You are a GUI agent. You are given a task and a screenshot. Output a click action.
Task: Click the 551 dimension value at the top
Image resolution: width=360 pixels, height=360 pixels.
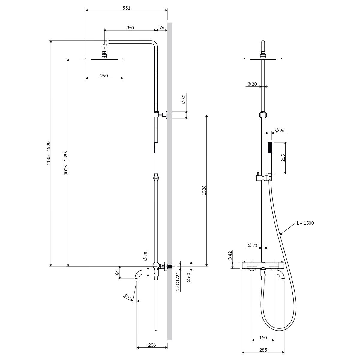click(127, 8)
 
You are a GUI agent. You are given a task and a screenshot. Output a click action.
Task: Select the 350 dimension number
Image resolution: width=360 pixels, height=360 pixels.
click(130, 28)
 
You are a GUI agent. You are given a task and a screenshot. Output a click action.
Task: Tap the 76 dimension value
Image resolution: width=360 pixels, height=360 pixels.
click(162, 28)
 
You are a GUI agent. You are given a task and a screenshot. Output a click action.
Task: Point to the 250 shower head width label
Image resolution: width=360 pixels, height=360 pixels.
click(104, 76)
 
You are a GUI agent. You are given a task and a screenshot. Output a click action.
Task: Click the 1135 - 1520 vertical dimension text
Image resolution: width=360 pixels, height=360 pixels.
click(49, 153)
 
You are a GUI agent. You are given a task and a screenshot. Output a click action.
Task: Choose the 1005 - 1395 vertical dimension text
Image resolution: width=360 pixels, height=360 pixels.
click(66, 163)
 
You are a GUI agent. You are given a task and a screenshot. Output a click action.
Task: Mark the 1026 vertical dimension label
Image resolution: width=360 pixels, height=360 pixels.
click(204, 190)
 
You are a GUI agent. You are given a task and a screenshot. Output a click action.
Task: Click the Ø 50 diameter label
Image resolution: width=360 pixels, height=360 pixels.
click(184, 99)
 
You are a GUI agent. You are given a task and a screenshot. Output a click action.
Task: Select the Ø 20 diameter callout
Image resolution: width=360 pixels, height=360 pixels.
click(252, 84)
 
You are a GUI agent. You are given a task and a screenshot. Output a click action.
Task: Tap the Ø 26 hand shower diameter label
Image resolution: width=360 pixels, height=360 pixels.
click(280, 130)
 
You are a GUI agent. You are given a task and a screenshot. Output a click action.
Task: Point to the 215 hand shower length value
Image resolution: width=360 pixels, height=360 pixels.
click(283, 158)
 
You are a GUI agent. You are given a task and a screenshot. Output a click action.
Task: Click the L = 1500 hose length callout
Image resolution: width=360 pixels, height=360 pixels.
click(305, 223)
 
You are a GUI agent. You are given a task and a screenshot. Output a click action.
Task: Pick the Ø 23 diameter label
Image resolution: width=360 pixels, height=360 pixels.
click(253, 245)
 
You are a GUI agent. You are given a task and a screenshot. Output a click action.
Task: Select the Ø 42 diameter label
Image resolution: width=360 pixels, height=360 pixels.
click(230, 256)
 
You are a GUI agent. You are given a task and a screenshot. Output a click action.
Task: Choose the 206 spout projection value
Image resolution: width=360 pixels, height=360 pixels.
click(152, 340)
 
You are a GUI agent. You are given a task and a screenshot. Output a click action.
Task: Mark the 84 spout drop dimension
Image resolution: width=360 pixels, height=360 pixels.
click(117, 272)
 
